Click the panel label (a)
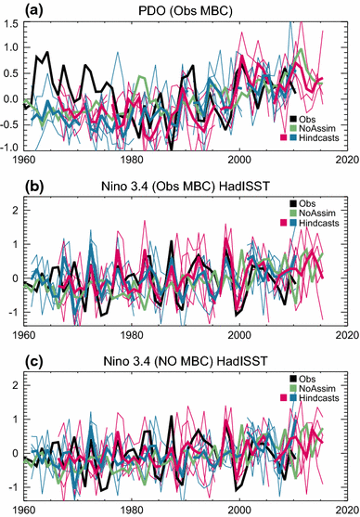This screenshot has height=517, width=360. [x=12, y=8]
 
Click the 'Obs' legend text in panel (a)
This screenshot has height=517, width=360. [x=310, y=119]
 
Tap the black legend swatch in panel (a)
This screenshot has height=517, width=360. [x=294, y=119]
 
